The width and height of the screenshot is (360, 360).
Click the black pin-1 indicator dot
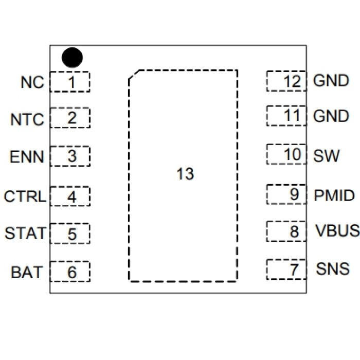click(x=72, y=58)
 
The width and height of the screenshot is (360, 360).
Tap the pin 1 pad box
click(x=70, y=82)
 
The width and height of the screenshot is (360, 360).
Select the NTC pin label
click(x=27, y=120)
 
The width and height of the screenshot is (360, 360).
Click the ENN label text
click(x=27, y=156)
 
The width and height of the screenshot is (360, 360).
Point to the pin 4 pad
click(x=70, y=196)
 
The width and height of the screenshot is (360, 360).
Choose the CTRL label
click(x=25, y=196)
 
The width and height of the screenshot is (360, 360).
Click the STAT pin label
click(x=25, y=233)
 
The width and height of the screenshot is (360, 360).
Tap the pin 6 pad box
click(x=70, y=272)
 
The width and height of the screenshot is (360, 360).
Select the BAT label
click(x=27, y=272)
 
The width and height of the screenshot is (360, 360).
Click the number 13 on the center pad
click(x=185, y=174)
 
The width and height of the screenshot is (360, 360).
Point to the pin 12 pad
click(x=286, y=81)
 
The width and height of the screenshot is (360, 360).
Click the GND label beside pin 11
click(x=331, y=117)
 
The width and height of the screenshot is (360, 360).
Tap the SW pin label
click(x=326, y=155)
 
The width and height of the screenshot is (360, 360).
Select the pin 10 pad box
click(x=286, y=154)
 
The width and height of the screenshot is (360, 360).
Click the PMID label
click(x=334, y=195)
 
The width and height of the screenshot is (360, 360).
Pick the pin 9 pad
click(x=286, y=194)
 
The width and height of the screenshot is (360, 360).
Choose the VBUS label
click(x=337, y=231)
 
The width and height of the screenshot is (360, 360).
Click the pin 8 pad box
click(x=286, y=231)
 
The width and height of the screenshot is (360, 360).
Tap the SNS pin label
click(x=333, y=268)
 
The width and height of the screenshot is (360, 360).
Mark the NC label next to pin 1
click(x=32, y=82)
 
